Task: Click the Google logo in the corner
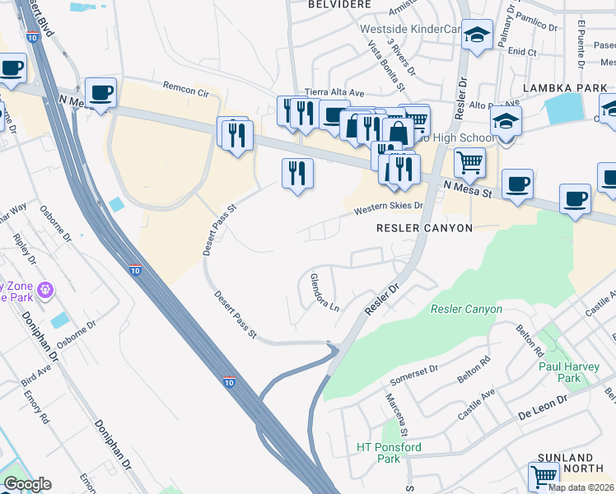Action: [x=27, y=484]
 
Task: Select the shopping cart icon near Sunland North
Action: [x=544, y=476]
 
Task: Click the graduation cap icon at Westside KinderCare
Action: [x=477, y=35]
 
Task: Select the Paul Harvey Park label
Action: [x=559, y=371]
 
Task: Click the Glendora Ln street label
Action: [x=324, y=292]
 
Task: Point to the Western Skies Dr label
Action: [x=388, y=209]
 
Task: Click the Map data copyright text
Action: [x=581, y=487]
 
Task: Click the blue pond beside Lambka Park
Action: [x=563, y=108]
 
